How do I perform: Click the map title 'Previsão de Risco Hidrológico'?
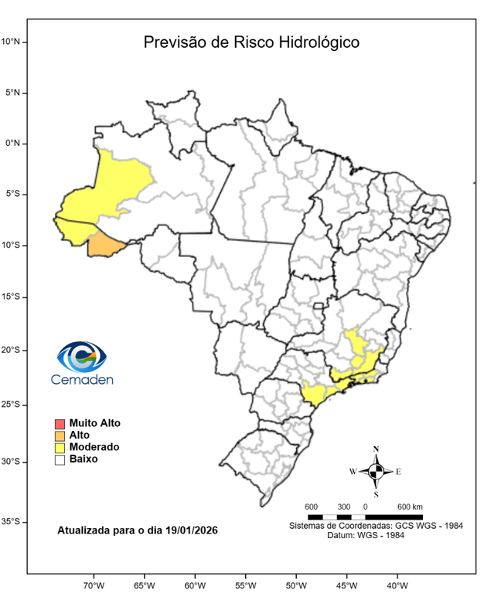[x=251, y=42]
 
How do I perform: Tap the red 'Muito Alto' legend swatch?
[x=59, y=423]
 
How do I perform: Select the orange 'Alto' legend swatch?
[x=59, y=435]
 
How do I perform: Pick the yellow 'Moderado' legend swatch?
[x=59, y=447]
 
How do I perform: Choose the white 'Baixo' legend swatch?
[x=59, y=459]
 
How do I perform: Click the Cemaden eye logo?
[x=81, y=356]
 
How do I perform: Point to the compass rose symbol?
[x=376, y=470]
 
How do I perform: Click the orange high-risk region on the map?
[x=105, y=246]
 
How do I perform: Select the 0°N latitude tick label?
[x=15, y=144]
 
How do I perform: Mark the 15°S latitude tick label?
[x=15, y=297]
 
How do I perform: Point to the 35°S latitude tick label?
[x=15, y=522]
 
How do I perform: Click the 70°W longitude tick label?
[x=94, y=585]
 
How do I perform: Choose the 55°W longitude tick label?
[x=246, y=585]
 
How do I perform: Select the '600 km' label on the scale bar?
[x=410, y=507]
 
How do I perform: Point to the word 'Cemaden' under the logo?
[x=81, y=380]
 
